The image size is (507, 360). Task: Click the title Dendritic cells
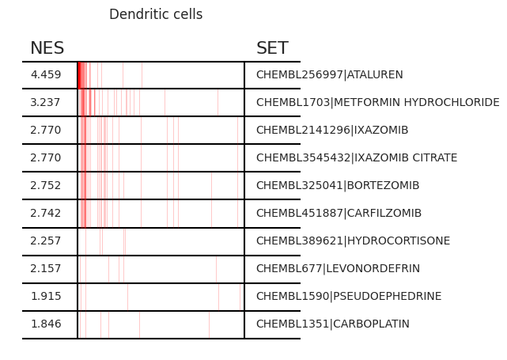(x=156, y=14)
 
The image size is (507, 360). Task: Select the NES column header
(x=47, y=48)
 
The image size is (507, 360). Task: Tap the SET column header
(x=272, y=48)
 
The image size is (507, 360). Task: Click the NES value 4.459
(x=46, y=74)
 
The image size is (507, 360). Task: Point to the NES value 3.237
(x=45, y=103)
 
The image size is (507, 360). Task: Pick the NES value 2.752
(x=46, y=185)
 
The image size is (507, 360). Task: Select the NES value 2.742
(x=46, y=213)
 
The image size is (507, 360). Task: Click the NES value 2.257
(x=46, y=241)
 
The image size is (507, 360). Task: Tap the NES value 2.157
(x=46, y=268)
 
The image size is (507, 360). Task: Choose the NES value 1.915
(x=46, y=296)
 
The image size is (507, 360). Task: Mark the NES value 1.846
(x=46, y=324)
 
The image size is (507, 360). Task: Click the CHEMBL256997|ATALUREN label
(x=330, y=74)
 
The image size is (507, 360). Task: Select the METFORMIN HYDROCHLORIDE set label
(x=377, y=103)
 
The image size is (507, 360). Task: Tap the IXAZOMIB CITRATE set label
(x=357, y=157)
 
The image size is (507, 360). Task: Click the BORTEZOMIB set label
(x=338, y=185)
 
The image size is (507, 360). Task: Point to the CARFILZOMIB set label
(x=339, y=213)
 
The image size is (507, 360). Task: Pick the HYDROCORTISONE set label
(x=353, y=241)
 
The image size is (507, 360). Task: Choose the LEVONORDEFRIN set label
(x=338, y=268)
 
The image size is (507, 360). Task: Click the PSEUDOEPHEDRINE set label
(x=349, y=296)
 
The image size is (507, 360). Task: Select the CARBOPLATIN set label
(x=333, y=324)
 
